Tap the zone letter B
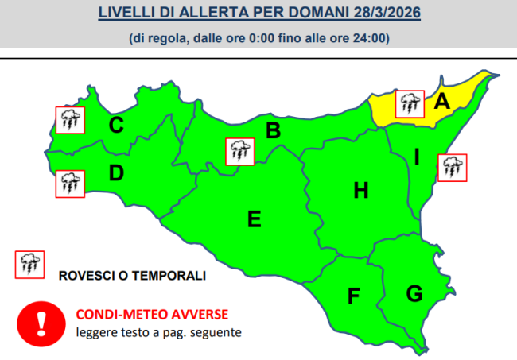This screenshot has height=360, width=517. [x=273, y=131]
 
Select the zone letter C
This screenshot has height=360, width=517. [x=116, y=125]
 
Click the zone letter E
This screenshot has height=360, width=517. [x=255, y=219]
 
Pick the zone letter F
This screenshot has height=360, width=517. [x=354, y=297]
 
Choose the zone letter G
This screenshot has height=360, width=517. [x=414, y=293]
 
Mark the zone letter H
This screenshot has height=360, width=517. [x=361, y=190]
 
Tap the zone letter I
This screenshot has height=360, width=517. [x=416, y=157]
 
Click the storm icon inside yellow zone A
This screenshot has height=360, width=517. [x=410, y=103]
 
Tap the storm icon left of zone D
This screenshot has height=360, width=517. [x=69, y=184]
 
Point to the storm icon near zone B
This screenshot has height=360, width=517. [x=239, y=151]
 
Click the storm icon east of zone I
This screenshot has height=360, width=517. [x=452, y=168]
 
